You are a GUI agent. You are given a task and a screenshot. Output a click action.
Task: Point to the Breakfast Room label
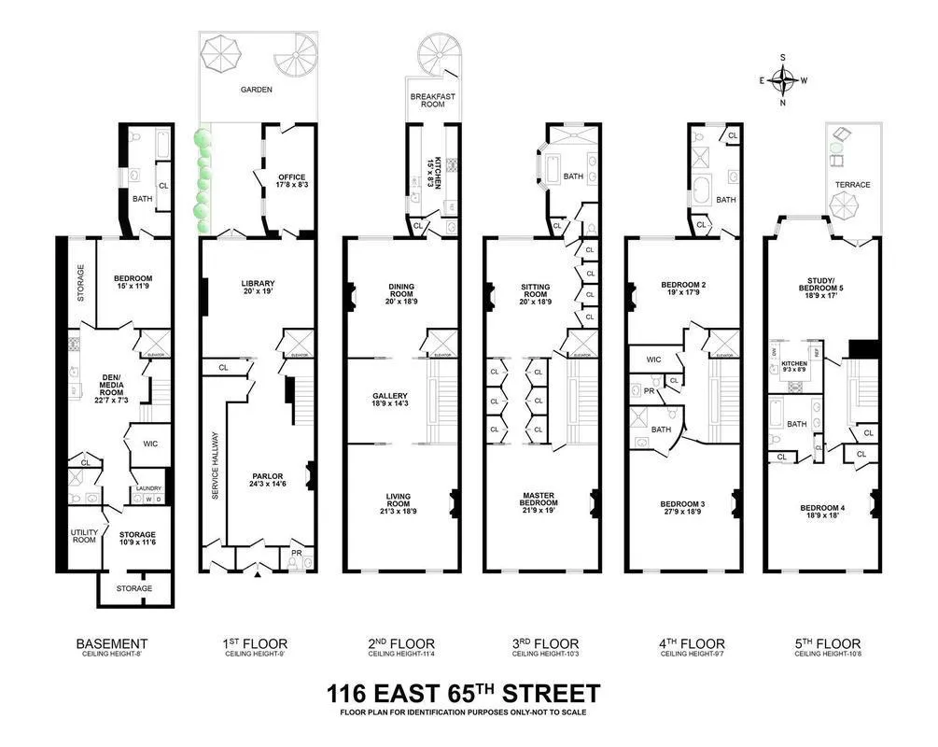click(x=433, y=100)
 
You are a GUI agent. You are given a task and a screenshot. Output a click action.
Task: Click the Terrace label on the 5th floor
click(x=852, y=185)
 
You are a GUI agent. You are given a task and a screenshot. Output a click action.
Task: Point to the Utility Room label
click(x=84, y=536)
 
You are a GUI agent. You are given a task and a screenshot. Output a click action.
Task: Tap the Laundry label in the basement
click(x=148, y=488)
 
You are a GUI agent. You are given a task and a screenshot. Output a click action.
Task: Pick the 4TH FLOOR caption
click(x=683, y=644)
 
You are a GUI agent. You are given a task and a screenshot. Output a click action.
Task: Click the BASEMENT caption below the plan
click(x=112, y=644)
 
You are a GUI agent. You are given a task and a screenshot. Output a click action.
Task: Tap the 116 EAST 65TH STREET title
click(x=463, y=695)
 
